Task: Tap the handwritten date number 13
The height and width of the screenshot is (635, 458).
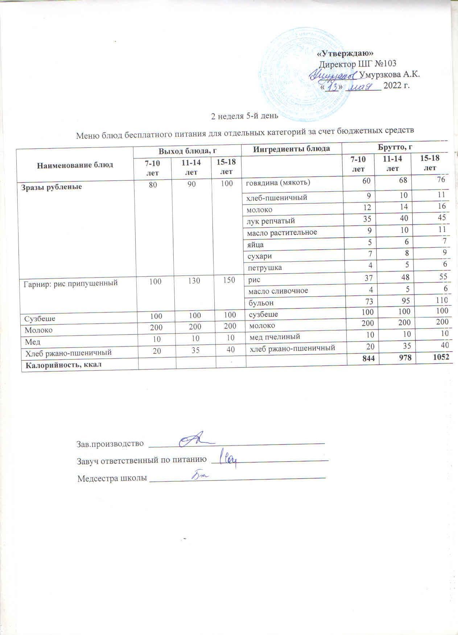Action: (333, 87)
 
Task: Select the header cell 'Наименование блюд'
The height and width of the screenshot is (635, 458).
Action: (75, 164)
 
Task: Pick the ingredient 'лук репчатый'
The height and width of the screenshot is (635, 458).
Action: (271, 221)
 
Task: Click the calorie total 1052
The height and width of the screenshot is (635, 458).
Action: (441, 357)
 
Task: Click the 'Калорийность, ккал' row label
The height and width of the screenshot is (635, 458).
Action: (61, 365)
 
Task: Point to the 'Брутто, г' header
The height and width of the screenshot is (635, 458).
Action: (397, 148)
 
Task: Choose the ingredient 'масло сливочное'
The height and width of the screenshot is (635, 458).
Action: (278, 291)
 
